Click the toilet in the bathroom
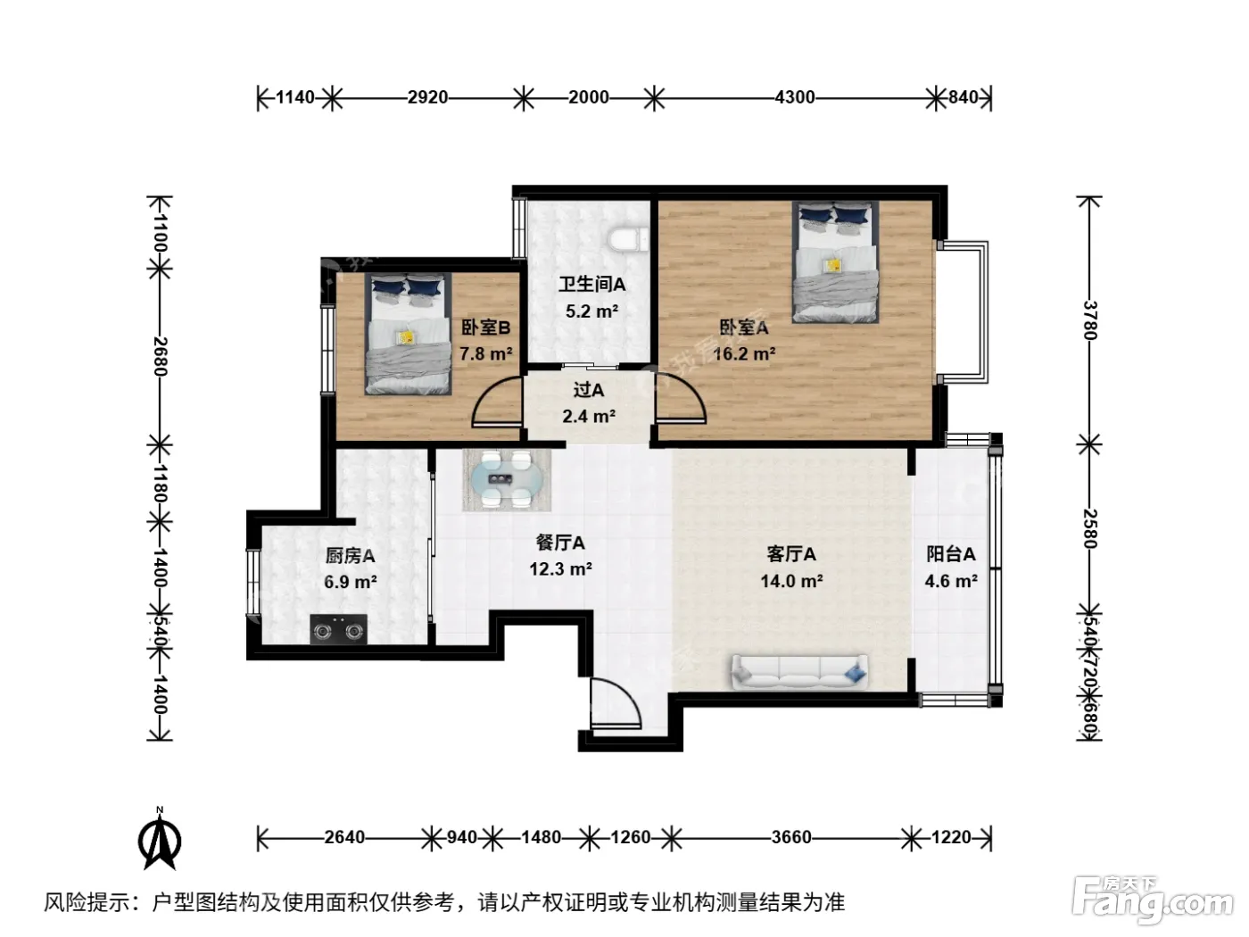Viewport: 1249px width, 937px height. pyautogui.click(x=628, y=239)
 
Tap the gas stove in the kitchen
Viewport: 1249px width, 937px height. pyautogui.click(x=338, y=629)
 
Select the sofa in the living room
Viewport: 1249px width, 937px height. pyautogui.click(x=799, y=672)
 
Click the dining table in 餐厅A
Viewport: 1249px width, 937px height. pyautogui.click(x=507, y=479)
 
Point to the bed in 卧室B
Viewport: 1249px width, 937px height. pyautogui.click(x=408, y=334)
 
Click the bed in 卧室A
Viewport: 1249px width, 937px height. pyautogui.click(x=835, y=263)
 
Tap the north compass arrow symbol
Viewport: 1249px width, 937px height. pyautogui.click(x=160, y=838)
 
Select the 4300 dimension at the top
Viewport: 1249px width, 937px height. pyautogui.click(x=794, y=98)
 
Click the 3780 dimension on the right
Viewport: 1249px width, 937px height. pyautogui.click(x=1089, y=319)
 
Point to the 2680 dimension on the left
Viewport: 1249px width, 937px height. pyautogui.click(x=161, y=356)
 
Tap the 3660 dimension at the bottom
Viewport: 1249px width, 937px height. pyautogui.click(x=791, y=837)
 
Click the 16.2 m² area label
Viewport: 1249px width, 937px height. pyautogui.click(x=744, y=354)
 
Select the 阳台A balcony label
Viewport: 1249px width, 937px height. pyautogui.click(x=951, y=553)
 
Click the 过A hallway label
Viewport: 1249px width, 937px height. pyautogui.click(x=588, y=390)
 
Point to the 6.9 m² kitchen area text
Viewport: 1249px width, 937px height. pyautogui.click(x=350, y=582)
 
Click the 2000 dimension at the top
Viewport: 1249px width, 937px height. pyautogui.click(x=588, y=98)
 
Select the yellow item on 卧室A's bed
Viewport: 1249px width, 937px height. pyautogui.click(x=833, y=264)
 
